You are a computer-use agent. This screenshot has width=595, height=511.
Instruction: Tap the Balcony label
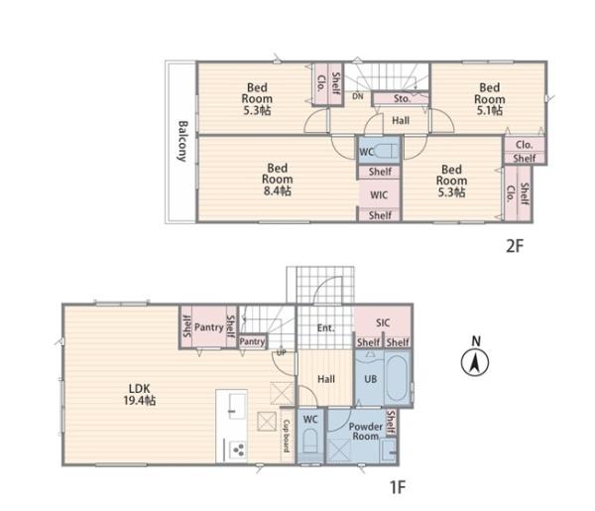(182, 141)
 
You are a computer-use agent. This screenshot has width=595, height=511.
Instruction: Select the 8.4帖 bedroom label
(278, 180)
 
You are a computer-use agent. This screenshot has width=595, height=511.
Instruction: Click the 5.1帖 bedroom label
(490, 98)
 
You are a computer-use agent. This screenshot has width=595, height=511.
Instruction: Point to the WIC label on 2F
(379, 195)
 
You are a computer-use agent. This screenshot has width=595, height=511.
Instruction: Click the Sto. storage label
(402, 98)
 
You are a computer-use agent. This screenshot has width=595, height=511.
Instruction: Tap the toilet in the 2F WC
(387, 151)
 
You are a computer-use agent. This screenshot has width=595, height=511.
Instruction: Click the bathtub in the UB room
(398, 378)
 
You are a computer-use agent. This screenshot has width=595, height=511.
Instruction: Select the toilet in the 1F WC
(310, 442)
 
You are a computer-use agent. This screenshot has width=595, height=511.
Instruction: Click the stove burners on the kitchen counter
(239, 450)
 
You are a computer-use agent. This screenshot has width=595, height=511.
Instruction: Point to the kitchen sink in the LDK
(237, 405)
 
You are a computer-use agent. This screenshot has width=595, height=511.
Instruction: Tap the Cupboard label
(287, 436)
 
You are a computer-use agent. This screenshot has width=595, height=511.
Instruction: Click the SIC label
(383, 322)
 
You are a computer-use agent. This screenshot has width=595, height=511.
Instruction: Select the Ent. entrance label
(325, 327)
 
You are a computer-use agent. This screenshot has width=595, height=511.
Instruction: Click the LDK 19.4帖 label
(139, 394)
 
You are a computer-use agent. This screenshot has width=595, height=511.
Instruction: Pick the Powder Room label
(365, 432)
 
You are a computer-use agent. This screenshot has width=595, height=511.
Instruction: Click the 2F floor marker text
(515, 246)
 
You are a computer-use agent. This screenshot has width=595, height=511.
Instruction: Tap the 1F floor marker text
(397, 487)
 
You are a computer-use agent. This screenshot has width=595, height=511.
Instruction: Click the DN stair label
(357, 96)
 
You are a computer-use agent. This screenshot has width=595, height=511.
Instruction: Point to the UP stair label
(282, 352)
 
